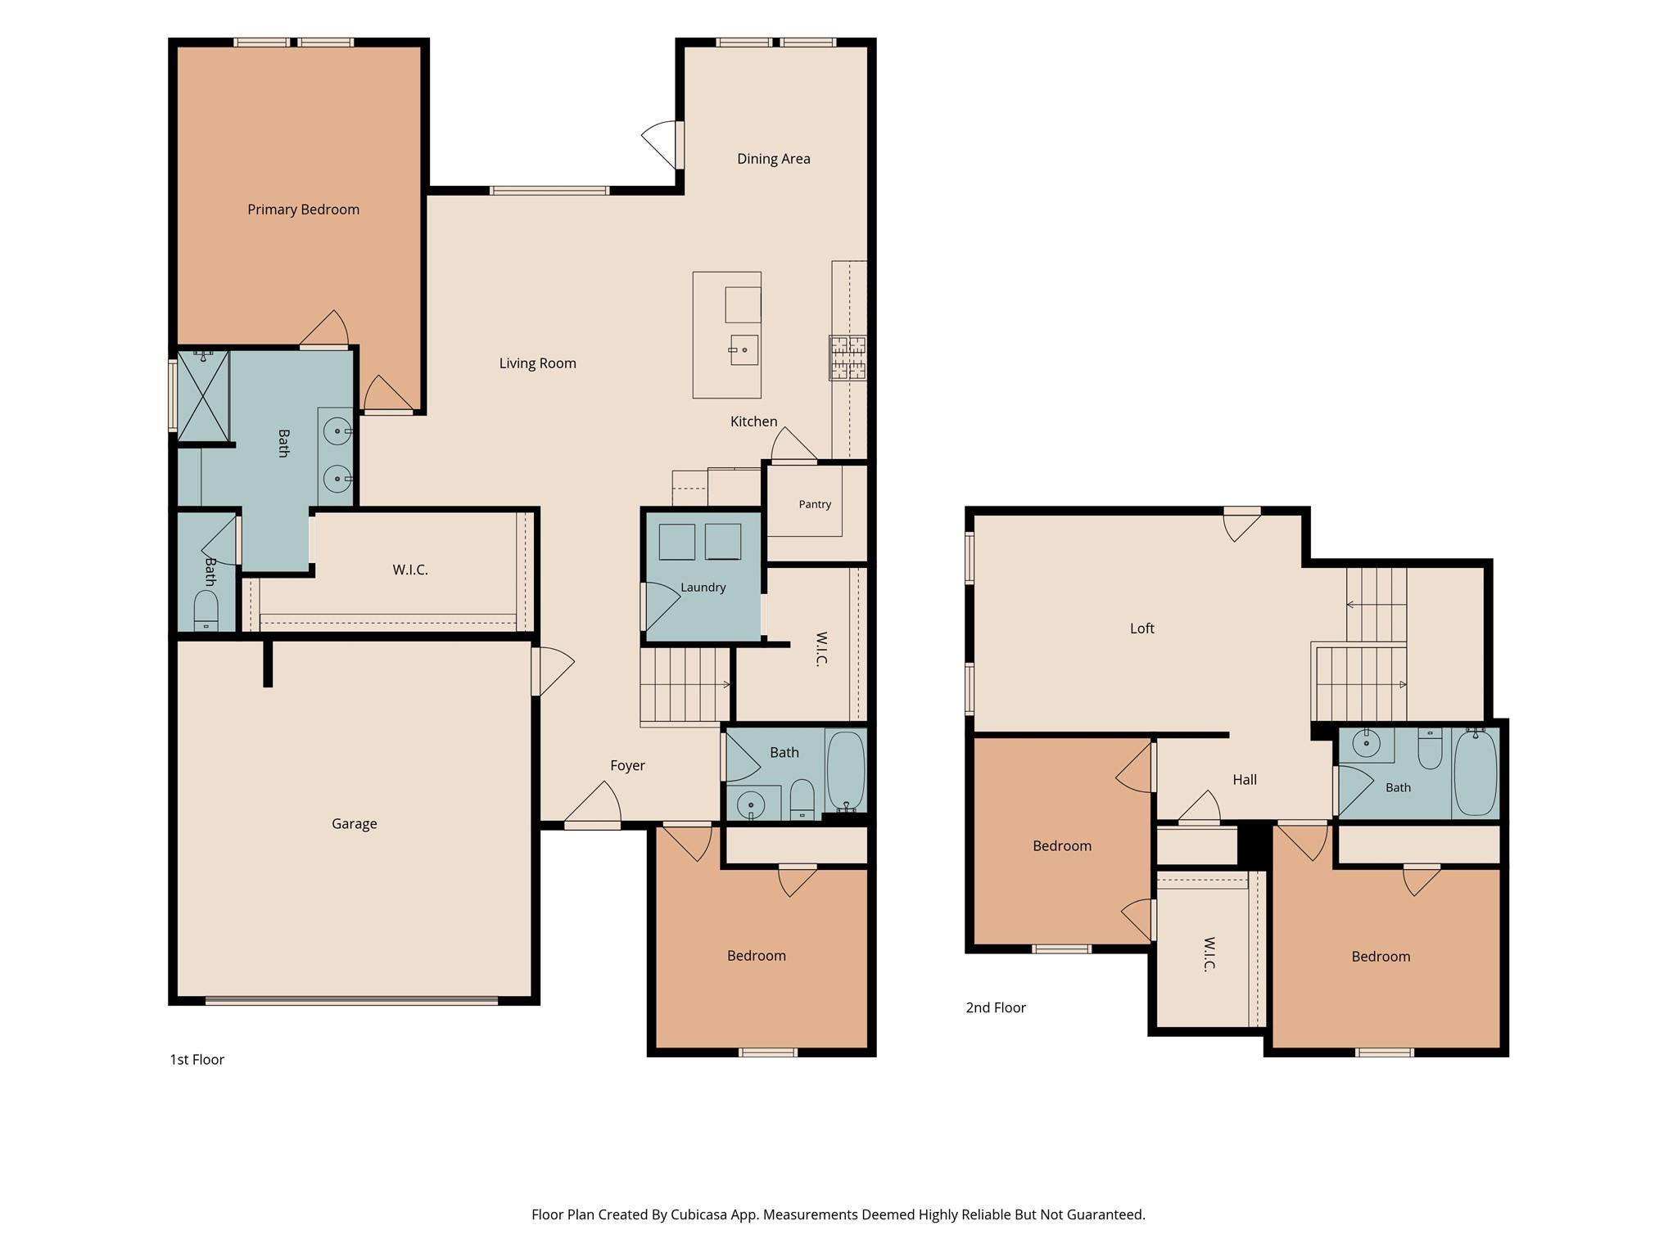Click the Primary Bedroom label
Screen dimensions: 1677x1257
pos(303,209)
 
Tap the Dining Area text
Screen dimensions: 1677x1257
pos(773,159)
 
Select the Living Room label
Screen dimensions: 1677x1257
pos(537,363)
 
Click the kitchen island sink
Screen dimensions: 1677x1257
pos(744,350)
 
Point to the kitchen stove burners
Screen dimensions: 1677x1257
pos(848,358)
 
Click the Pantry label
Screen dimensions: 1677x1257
pos(815,504)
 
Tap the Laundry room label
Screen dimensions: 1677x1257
pos(703,588)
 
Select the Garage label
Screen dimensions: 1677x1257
pos(354,824)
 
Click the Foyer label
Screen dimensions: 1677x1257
pos(627,766)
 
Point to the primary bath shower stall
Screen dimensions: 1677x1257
pos(203,395)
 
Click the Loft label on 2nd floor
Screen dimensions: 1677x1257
pos(1141,628)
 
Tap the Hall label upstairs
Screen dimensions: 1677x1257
pos(1245,780)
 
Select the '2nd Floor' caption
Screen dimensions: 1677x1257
pos(996,1007)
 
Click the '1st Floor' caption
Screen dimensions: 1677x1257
pos(197,1060)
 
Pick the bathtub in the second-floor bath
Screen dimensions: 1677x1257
pos(1476,773)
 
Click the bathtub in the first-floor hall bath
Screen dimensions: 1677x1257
pos(846,771)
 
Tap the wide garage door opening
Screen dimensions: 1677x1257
pos(351,1000)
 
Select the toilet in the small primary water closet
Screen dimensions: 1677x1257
pos(206,610)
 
